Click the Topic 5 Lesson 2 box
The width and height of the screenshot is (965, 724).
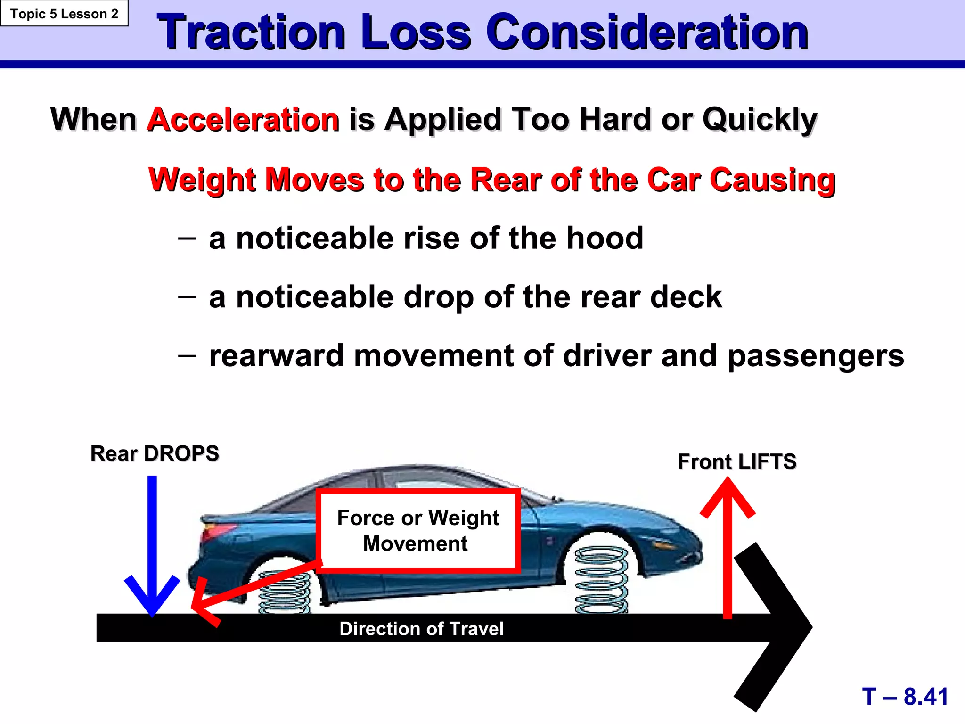pos(64,14)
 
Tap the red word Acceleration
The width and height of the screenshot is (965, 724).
pos(243,119)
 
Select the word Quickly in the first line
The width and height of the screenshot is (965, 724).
pos(760,120)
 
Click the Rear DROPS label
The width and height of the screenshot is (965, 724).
pos(155,453)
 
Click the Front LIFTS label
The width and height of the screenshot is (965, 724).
pos(737,461)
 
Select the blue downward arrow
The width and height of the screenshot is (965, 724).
pos(152,547)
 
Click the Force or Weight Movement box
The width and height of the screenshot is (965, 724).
pos(418,531)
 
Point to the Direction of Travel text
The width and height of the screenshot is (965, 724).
pos(421,629)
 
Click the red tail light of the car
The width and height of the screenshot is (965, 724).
pos(214,534)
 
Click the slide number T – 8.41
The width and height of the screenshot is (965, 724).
pos(905,697)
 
